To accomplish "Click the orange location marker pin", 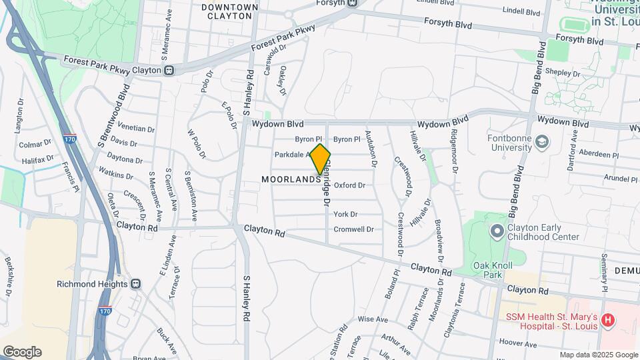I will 321,159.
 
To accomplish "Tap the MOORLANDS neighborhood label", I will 291,179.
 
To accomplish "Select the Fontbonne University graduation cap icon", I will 543,142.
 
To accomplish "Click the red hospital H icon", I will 607,321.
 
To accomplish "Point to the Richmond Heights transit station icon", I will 136,283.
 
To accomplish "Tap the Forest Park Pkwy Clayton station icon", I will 169,70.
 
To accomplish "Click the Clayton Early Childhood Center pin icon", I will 497,231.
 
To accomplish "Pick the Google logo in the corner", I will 22,351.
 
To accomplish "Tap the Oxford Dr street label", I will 349,185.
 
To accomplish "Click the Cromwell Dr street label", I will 353,229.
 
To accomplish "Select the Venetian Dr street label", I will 136,127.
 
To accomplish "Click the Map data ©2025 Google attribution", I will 599,355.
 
